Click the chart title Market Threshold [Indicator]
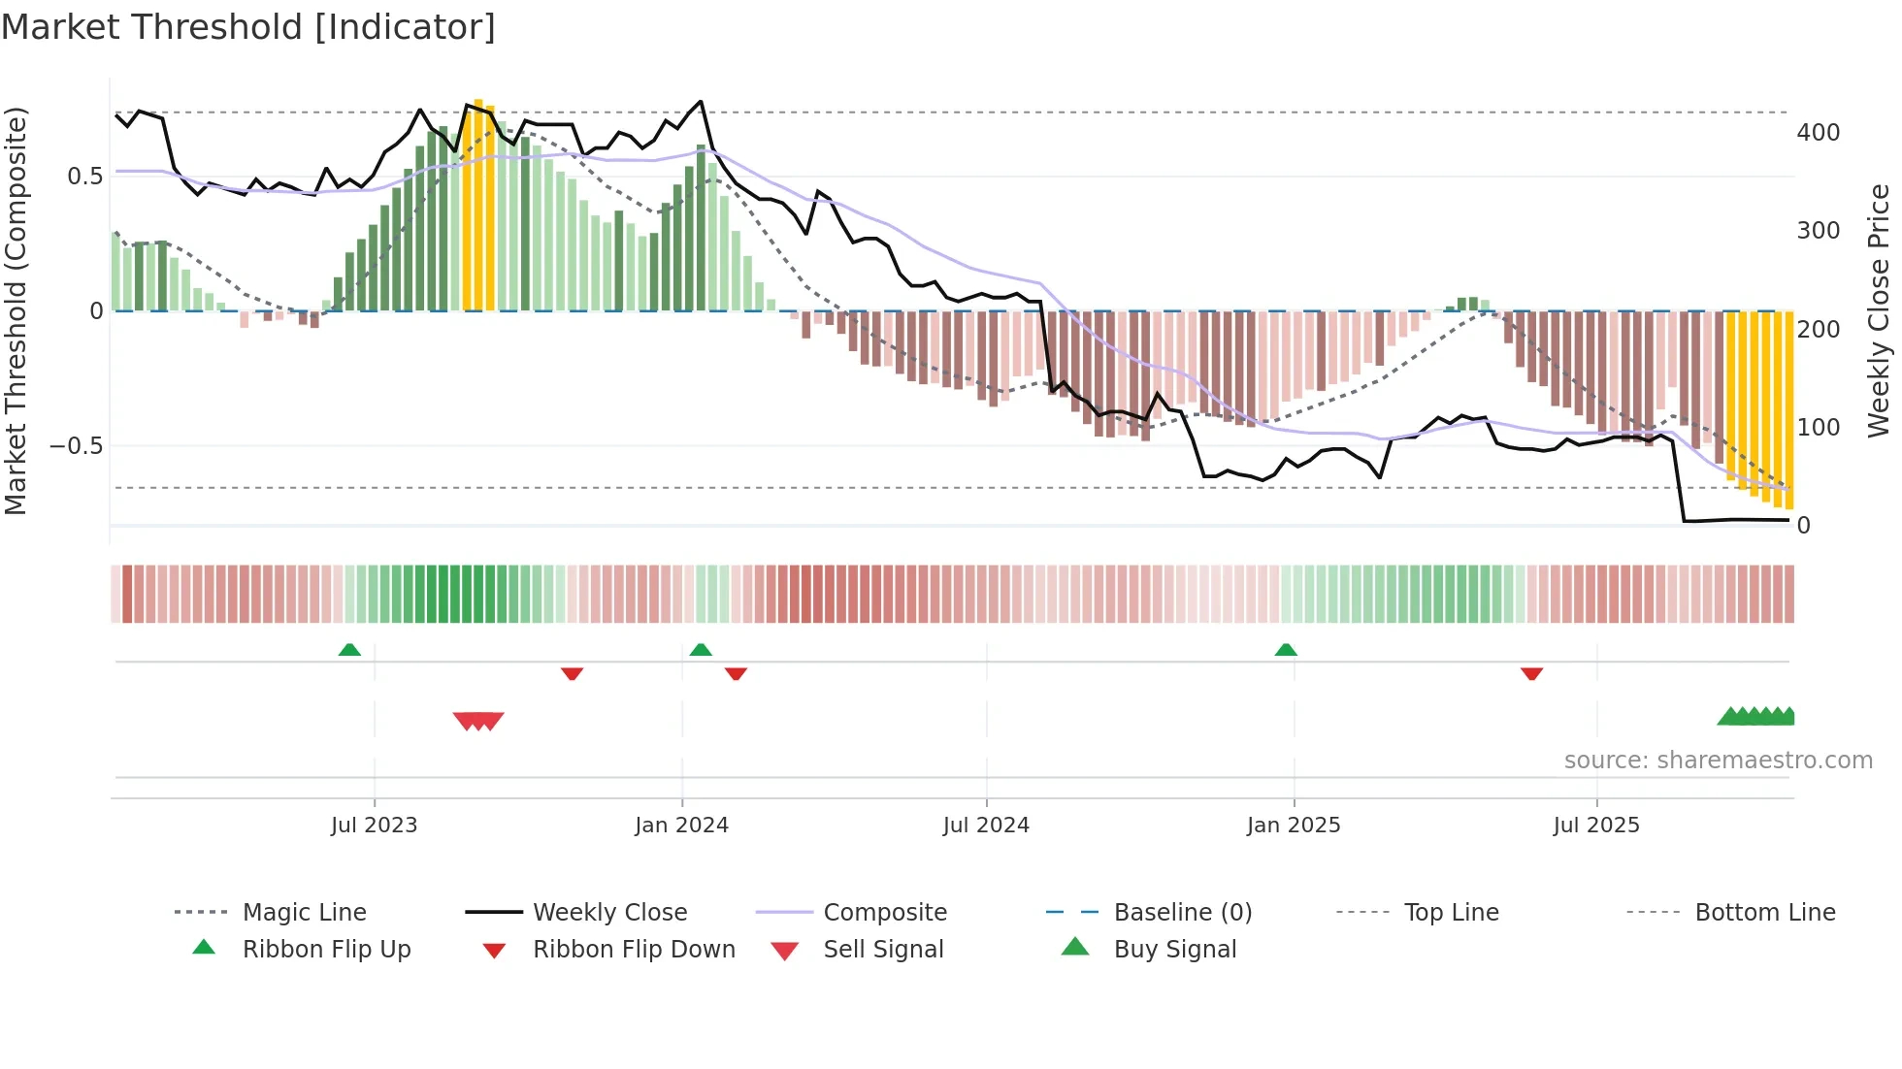(248, 27)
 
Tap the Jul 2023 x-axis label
(374, 826)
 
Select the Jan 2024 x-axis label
(681, 826)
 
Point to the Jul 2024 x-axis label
(986, 826)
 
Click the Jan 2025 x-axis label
(1294, 826)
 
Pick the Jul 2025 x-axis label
(1596, 826)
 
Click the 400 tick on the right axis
(1818, 133)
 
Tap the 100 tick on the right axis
(1818, 428)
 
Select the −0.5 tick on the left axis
(76, 446)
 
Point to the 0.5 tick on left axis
(84, 177)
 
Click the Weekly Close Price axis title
(1879, 310)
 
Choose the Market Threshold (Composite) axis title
(16, 310)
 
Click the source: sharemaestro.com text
(1718, 761)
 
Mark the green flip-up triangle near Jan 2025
(1286, 650)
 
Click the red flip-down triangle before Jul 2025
(1531, 673)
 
